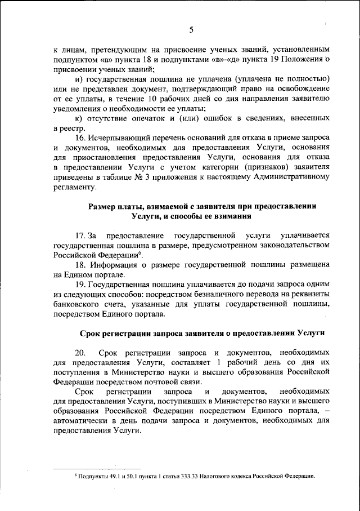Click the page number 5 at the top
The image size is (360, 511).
(x=191, y=30)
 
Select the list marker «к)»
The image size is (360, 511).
(x=79, y=118)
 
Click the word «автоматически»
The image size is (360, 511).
(x=80, y=421)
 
